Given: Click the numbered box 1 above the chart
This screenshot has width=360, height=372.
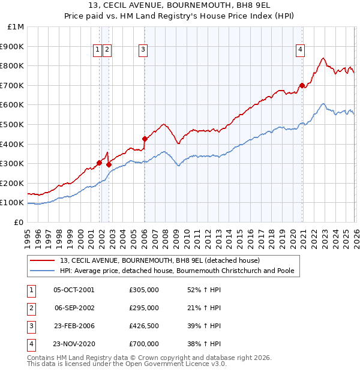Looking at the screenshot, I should [97, 50].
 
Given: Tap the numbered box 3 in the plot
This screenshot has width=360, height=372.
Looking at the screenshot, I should [143, 50].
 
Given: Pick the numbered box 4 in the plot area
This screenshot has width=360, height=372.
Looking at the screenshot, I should [300, 50].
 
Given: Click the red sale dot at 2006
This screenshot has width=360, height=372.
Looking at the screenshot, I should [145, 139].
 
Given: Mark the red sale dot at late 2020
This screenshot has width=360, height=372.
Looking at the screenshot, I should [301, 85].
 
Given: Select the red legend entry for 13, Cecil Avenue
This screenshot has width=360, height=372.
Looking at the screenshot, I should [160, 260].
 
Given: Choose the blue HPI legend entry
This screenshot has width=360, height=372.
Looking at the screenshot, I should [176, 271].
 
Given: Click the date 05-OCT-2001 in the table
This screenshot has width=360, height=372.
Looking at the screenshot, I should [74, 290].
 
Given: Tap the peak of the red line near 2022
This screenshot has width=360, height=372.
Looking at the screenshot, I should [323, 58].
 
